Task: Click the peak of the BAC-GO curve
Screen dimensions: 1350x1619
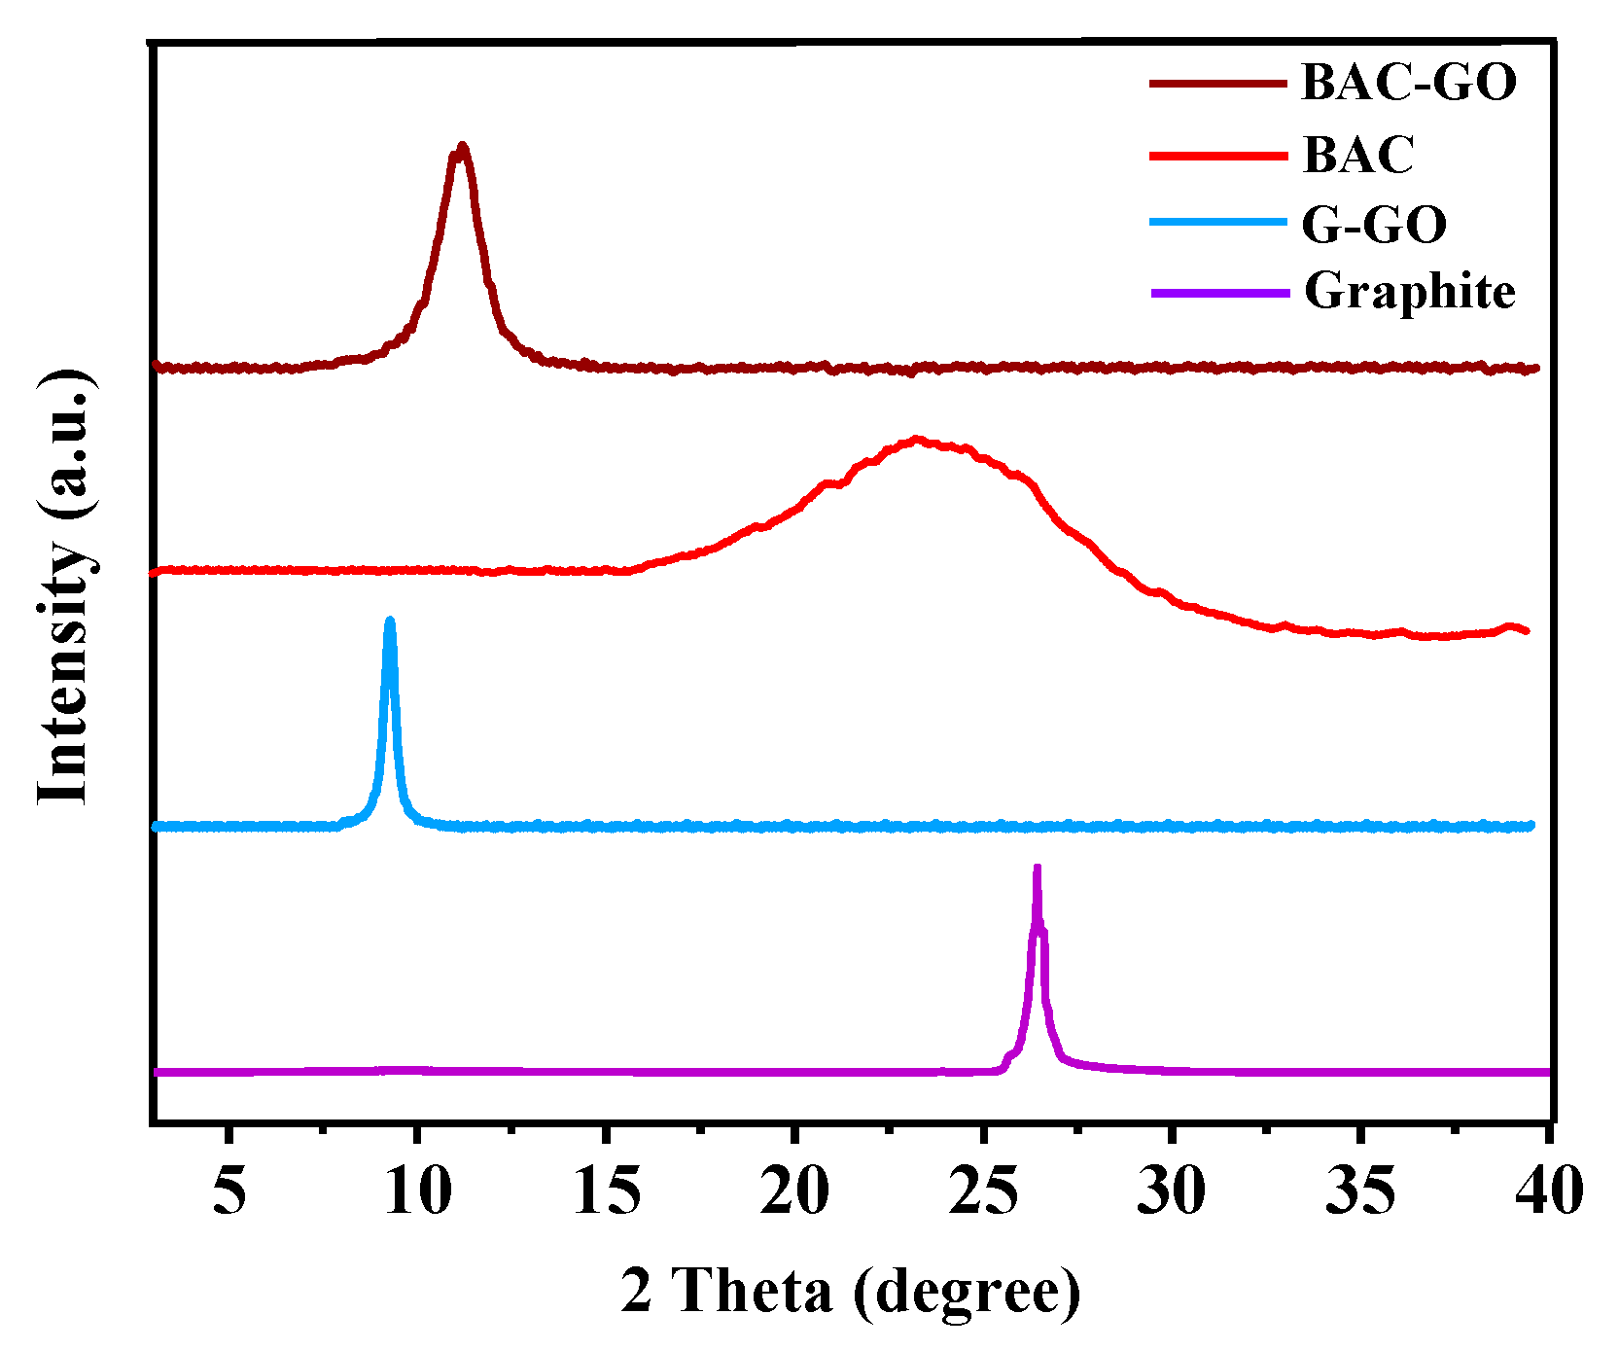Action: click(x=462, y=148)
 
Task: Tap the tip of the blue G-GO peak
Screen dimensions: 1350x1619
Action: click(x=390, y=621)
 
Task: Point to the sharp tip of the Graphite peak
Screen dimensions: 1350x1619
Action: click(x=1037, y=868)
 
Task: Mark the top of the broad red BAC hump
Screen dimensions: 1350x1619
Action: click(x=915, y=440)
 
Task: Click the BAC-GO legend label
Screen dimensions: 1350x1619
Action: click(x=1408, y=82)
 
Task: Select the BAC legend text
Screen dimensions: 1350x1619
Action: click(x=1357, y=155)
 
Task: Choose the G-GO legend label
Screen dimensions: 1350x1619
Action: click(x=1373, y=224)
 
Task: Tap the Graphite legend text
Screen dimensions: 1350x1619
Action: click(x=1409, y=291)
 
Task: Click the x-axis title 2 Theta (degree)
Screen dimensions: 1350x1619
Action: click(x=851, y=1292)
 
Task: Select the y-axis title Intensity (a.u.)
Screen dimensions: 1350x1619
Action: click(x=66, y=588)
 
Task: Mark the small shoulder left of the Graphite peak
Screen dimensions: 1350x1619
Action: click(x=1010, y=1054)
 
